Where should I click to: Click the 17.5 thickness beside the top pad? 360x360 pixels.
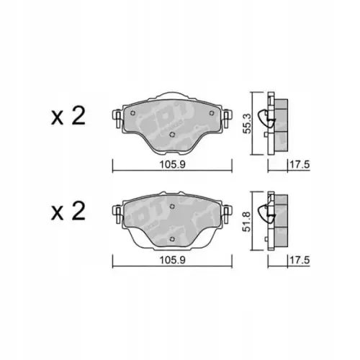click(293, 164)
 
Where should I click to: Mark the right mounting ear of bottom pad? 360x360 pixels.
click(228, 212)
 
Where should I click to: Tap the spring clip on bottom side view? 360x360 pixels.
click(270, 214)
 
